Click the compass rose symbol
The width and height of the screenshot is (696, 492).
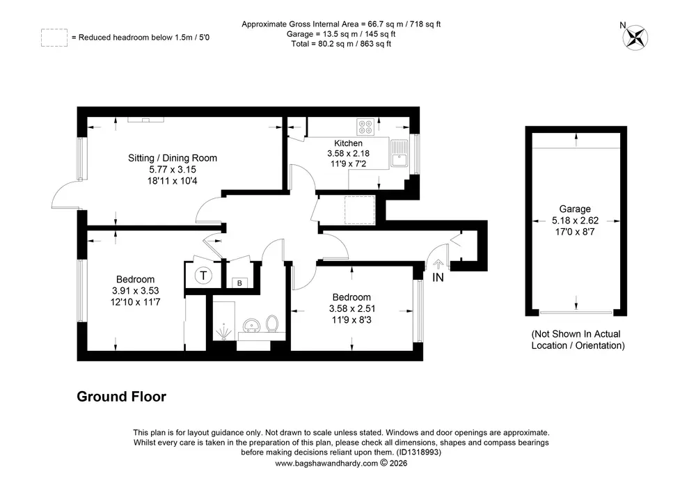[x=635, y=38]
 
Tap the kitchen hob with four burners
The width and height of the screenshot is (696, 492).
[x=366, y=127]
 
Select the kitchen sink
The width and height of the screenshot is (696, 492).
[x=400, y=153]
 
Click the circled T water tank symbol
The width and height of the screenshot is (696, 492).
[x=203, y=276]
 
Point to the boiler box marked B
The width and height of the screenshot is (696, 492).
[x=239, y=283]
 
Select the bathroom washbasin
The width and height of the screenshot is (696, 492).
[x=252, y=325]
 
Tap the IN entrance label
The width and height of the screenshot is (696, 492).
[x=438, y=277]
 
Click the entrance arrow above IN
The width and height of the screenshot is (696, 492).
[x=438, y=264]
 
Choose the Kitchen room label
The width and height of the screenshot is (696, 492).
[x=349, y=143]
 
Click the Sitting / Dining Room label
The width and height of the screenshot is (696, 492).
[x=173, y=158]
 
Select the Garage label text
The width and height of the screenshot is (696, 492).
[x=575, y=209]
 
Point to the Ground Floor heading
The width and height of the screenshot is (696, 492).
[x=122, y=396]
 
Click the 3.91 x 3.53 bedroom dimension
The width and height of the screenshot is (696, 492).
[x=136, y=291]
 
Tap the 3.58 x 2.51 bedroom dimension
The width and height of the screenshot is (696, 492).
[x=352, y=308]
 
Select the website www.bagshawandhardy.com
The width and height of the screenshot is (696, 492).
[x=326, y=463]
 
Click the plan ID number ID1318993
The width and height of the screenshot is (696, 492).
[x=419, y=452]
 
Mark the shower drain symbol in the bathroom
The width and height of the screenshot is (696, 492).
[x=223, y=332]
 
